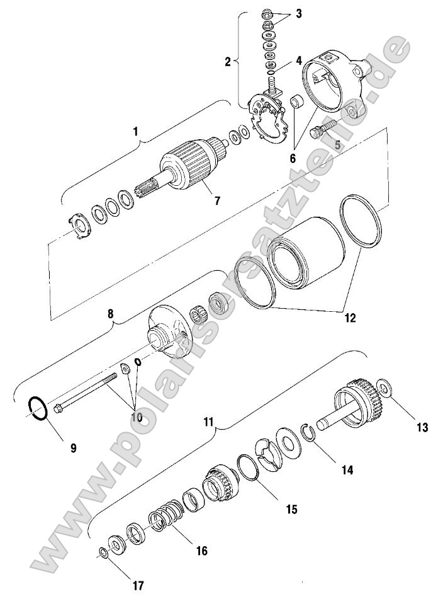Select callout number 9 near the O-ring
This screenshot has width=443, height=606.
73,448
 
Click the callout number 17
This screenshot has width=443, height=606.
138,585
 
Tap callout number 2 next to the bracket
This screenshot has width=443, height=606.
228,61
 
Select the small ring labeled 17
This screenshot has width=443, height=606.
102,553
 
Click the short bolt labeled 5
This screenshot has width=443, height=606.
320,133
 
